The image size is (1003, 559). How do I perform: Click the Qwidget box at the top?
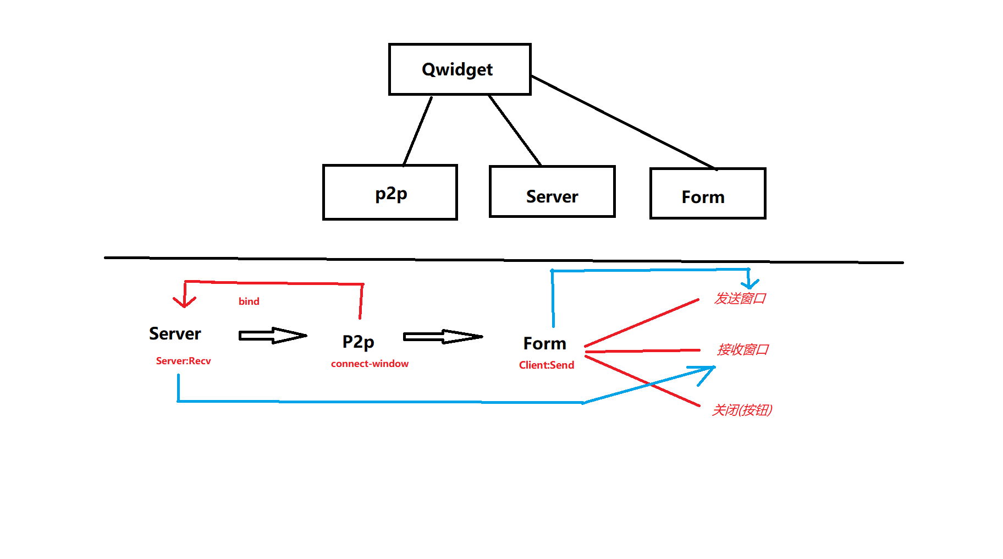(x=460, y=69)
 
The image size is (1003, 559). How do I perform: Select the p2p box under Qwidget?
(x=390, y=193)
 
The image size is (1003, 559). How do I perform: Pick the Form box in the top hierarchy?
(x=708, y=194)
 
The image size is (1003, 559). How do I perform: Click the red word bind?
(x=249, y=302)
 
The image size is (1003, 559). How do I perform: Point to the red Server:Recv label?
(x=183, y=361)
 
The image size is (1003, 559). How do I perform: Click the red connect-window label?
(x=370, y=364)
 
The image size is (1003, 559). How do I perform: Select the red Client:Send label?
(x=546, y=365)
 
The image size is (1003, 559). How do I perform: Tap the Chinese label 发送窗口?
(x=740, y=299)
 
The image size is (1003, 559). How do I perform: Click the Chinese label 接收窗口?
(x=742, y=349)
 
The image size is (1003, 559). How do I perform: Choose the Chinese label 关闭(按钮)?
(x=742, y=410)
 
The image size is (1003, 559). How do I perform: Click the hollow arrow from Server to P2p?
(x=273, y=336)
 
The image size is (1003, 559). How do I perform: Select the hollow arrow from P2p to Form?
(x=443, y=337)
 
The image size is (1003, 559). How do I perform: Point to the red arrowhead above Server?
(x=184, y=302)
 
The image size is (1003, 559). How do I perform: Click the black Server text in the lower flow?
(x=175, y=333)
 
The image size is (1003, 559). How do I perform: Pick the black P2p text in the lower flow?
(x=358, y=342)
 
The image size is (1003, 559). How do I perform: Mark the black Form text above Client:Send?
(x=544, y=343)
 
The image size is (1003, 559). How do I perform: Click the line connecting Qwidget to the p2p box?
(x=417, y=131)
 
